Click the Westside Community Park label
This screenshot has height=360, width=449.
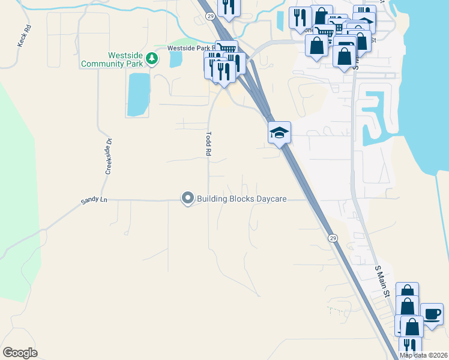point(125,59)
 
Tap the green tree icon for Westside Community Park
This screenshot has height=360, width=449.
point(153,58)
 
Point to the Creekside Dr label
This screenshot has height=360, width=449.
point(109,157)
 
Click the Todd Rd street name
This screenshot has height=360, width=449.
point(209,145)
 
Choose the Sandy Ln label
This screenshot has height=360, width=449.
point(95,200)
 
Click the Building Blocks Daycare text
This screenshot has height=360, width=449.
point(242,199)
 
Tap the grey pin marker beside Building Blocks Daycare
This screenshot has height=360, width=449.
point(188,198)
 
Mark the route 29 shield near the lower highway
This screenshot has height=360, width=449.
point(333,238)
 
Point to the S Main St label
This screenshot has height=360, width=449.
point(382,281)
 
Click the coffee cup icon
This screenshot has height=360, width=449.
point(432,313)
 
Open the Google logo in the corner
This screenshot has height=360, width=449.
point(20,353)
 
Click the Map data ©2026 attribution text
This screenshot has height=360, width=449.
point(424,355)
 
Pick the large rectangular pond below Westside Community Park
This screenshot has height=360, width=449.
point(138,94)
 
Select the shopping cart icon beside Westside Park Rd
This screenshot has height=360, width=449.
point(226,50)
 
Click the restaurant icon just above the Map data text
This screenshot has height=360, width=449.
point(410,346)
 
